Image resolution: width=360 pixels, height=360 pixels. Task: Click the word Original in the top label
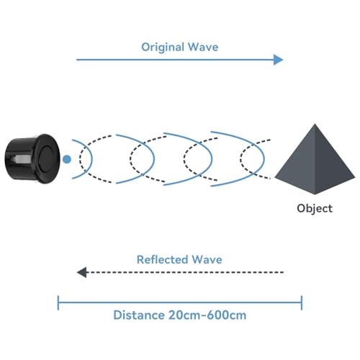pyautogui.click(x=163, y=48)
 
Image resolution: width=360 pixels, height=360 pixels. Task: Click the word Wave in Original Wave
pyautogui.click(x=203, y=47)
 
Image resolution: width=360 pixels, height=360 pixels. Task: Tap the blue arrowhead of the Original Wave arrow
pyautogui.click(x=279, y=60)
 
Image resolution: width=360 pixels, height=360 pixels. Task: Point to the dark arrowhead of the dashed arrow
pyautogui.click(x=81, y=272)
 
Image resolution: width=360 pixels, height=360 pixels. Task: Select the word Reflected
pyautogui.click(x=163, y=259)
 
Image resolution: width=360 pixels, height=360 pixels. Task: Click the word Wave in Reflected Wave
pyautogui.click(x=207, y=259)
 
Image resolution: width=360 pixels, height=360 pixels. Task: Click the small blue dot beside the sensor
pyautogui.click(x=67, y=159)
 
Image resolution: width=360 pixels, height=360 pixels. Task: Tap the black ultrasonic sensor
pyautogui.click(x=32, y=158)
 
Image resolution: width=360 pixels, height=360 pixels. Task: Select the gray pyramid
pyautogui.click(x=315, y=159)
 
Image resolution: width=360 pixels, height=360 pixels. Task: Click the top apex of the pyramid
pyautogui.click(x=315, y=124)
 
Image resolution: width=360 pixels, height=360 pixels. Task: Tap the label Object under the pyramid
pyautogui.click(x=315, y=208)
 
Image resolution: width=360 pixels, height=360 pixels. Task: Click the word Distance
pyautogui.click(x=139, y=315)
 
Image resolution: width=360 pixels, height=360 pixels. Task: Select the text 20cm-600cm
pyautogui.click(x=207, y=315)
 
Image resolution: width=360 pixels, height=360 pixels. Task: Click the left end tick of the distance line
pyautogui.click(x=58, y=302)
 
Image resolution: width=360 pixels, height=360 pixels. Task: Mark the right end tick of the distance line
pyautogui.click(x=302, y=302)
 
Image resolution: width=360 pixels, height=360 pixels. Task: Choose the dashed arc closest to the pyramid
pyautogui.click(x=240, y=158)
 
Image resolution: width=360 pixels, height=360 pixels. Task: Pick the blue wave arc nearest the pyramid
pyautogui.click(x=264, y=158)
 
